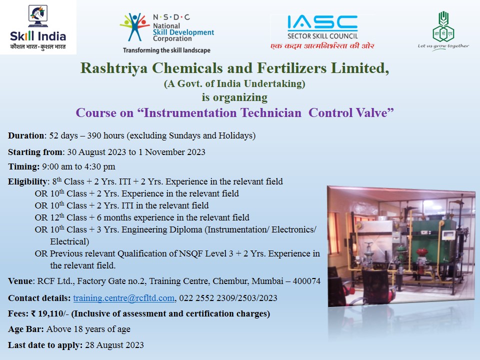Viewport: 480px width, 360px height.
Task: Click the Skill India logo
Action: pyautogui.click(x=38, y=27)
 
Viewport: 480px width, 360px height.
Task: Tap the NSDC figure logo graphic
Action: pyautogui.click(x=134, y=27)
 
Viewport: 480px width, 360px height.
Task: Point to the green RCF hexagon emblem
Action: pyautogui.click(x=443, y=27)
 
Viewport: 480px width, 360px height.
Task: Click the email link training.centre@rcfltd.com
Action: pyautogui.click(x=123, y=298)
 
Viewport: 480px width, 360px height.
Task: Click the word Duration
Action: pyautogui.click(x=26, y=135)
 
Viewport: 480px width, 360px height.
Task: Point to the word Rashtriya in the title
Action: pyautogui.click(x=114, y=68)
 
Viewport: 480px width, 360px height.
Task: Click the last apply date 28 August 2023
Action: pyautogui.click(x=114, y=345)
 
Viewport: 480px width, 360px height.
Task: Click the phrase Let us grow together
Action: pyautogui.click(x=443, y=46)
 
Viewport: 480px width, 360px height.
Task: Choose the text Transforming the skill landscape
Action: pyautogui.click(x=166, y=50)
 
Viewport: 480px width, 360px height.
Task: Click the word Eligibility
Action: pyautogui.click(x=27, y=181)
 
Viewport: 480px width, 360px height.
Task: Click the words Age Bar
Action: pyautogui.click(x=26, y=329)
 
